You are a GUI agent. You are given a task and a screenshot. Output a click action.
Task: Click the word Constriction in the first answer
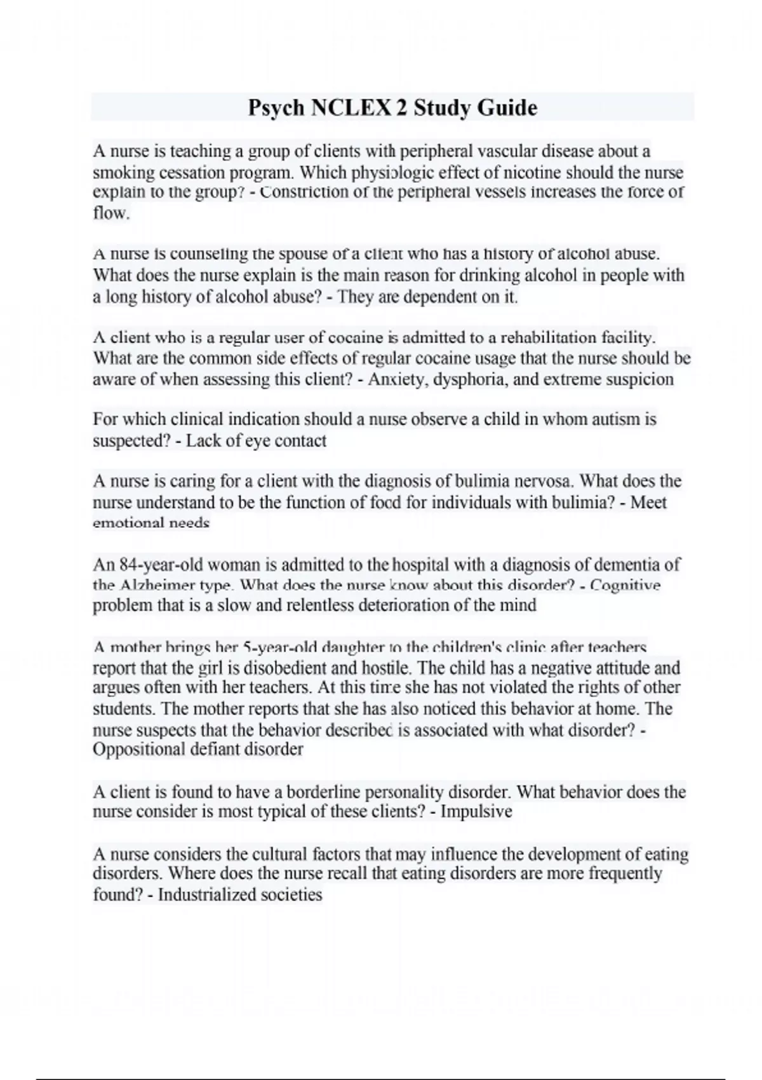[307, 192]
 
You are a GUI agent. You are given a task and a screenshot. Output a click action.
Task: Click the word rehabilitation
[542, 337]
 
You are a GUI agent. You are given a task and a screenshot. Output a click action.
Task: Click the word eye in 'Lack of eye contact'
[258, 441]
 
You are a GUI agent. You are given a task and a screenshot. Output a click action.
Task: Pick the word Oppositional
[138, 750]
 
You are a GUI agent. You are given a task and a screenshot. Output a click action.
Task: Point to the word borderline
[324, 792]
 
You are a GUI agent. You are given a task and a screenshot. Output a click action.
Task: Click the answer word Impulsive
[476, 812]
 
